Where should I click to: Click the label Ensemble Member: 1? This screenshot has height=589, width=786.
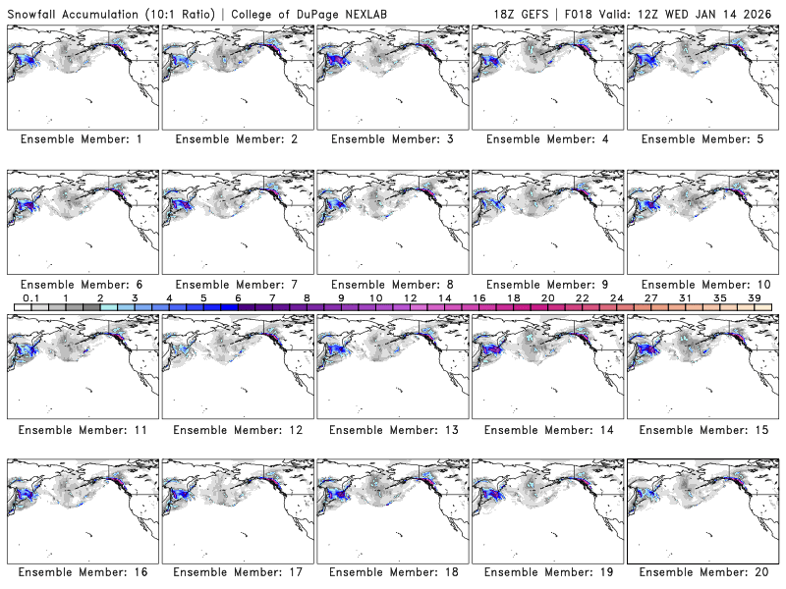[81, 139]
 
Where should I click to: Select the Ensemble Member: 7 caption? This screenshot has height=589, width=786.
[236, 285]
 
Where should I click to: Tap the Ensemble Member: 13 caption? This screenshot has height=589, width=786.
[391, 430]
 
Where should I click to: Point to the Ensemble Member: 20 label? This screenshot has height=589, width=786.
[702, 572]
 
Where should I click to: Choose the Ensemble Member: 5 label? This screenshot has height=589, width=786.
[702, 139]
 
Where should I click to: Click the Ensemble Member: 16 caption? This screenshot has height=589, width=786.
[81, 572]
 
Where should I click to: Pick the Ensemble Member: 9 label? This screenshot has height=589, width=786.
[546, 285]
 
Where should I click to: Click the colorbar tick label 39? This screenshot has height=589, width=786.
[754, 297]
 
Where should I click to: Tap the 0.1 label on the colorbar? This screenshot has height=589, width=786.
[30, 297]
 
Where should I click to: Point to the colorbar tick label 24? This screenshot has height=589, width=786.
[616, 297]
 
